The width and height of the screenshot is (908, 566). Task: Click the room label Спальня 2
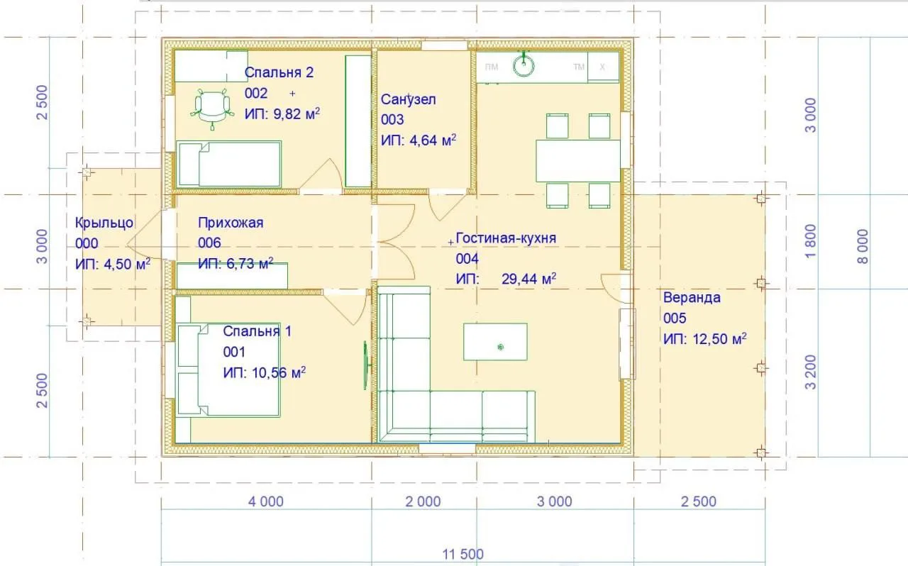point(279,72)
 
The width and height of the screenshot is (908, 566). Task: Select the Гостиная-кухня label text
point(506,238)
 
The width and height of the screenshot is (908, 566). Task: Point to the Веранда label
point(692,298)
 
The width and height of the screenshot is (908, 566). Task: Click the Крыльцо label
point(104,223)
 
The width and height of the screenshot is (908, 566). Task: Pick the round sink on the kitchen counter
point(524,66)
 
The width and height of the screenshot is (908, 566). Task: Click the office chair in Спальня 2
point(212,109)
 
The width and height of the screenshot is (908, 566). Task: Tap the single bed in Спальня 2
point(229,165)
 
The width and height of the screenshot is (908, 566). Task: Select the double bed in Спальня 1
point(228,370)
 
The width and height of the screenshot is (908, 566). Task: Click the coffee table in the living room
point(495,342)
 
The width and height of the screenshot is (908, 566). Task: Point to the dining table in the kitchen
point(578,161)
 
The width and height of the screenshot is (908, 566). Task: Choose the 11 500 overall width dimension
point(463,554)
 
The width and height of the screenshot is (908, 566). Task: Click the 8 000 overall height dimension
point(863,247)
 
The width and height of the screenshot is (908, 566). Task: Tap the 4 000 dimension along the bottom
point(266,501)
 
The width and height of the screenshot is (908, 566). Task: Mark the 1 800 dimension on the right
point(810,241)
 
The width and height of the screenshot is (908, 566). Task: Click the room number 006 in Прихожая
point(209,243)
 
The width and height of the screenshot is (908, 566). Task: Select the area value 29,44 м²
point(528,279)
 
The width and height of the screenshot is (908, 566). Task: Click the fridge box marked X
point(603,67)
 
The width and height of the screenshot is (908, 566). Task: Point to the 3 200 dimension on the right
point(810,372)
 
